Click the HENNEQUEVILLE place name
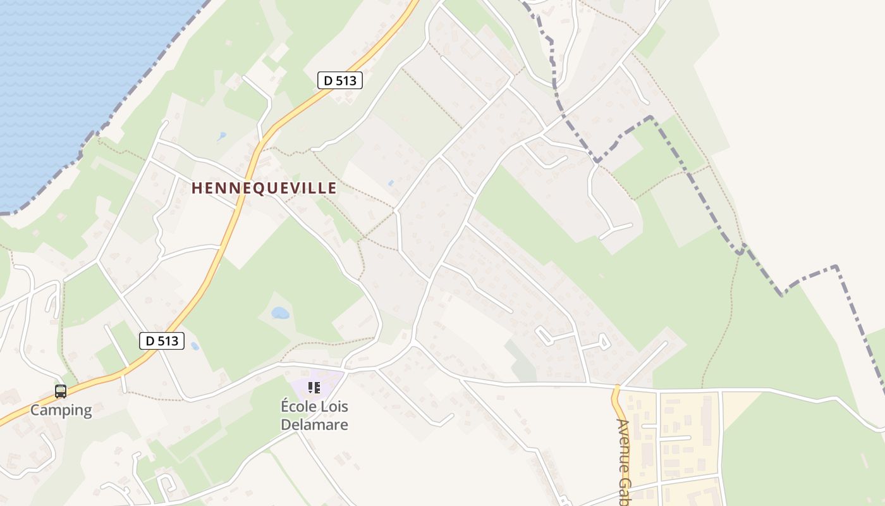tap(264, 188)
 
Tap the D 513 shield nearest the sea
tap(339, 80)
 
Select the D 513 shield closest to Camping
tap(162, 341)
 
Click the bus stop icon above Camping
tap(61, 392)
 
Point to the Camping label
tap(61, 410)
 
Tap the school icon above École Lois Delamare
tap(314, 388)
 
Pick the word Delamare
tap(314, 424)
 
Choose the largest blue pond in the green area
tap(280, 312)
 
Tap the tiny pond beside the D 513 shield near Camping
tap(195, 346)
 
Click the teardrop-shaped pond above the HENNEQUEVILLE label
tap(221, 136)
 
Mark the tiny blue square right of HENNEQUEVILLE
tap(391, 183)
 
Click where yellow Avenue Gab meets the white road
tap(617, 386)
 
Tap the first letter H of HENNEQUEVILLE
tap(196, 188)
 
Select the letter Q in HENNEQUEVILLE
tap(255, 188)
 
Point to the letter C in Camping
tap(35, 410)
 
